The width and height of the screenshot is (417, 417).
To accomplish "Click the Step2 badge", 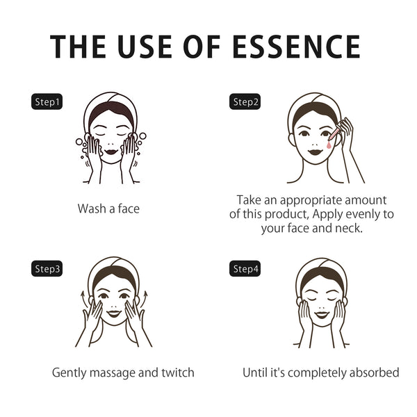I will pos(245,102).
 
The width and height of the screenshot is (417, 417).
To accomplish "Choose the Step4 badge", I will pos(245,268).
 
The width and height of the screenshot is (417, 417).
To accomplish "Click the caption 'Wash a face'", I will pos(108,208).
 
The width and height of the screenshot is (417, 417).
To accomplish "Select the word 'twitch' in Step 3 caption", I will pos(176,373).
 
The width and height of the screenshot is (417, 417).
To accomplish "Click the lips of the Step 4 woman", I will pos(320,315).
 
